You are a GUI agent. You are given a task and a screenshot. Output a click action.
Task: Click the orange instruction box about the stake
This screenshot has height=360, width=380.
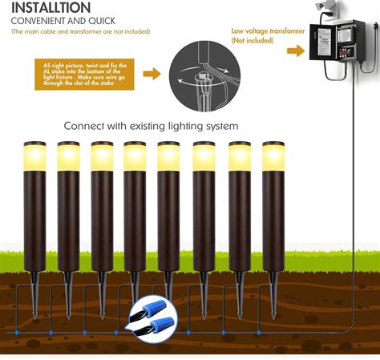(x=83, y=75)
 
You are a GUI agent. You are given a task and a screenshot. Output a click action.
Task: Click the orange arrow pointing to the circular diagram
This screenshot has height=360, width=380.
(x=151, y=74)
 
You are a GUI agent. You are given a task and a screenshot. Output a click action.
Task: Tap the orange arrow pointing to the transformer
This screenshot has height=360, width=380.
(x=295, y=50)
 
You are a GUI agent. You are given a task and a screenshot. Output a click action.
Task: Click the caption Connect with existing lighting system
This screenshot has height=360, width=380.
(x=152, y=126)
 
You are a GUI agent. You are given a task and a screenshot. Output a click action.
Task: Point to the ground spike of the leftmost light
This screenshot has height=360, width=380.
(x=34, y=284)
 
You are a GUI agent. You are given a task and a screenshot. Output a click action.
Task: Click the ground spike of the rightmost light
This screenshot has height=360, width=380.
(x=273, y=284)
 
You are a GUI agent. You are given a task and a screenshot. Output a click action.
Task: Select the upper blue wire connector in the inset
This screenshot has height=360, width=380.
(x=158, y=310)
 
